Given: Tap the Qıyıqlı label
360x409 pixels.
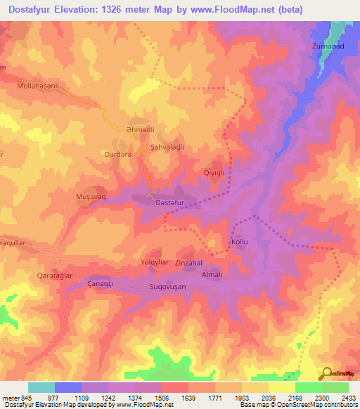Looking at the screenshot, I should click(x=213, y=171).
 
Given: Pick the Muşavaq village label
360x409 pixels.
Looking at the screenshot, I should click(x=91, y=198).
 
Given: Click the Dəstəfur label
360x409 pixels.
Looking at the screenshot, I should click(x=169, y=203).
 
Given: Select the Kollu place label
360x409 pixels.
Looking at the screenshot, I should click(x=240, y=242).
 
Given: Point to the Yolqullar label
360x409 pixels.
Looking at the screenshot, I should click(x=155, y=262).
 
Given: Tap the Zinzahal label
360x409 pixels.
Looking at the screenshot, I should click(x=188, y=263).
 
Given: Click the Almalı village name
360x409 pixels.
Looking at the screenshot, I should click(x=212, y=275).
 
